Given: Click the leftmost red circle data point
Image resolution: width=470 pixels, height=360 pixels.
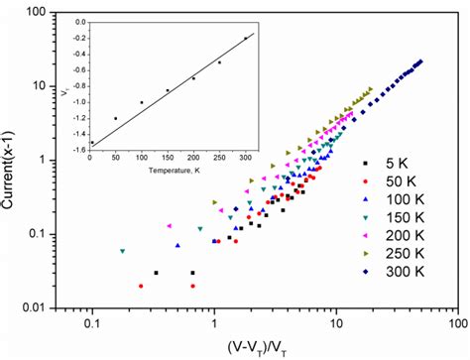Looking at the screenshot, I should tap(141, 286).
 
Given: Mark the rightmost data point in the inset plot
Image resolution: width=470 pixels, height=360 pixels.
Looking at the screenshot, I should tap(245, 38).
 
